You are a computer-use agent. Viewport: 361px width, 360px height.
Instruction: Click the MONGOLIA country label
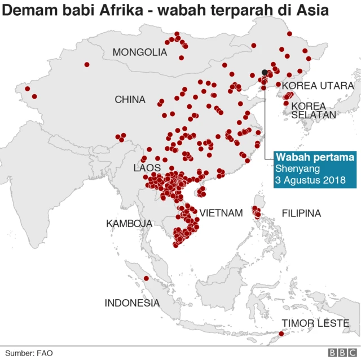(x=139, y=52)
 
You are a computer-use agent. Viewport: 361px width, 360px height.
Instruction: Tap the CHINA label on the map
(x=130, y=100)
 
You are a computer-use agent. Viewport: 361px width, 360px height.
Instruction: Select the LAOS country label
(x=147, y=168)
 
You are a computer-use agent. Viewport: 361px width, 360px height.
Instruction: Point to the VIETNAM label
(x=221, y=213)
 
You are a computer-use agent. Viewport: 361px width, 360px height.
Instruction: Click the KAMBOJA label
(x=129, y=224)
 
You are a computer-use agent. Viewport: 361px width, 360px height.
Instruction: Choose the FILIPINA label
(x=301, y=213)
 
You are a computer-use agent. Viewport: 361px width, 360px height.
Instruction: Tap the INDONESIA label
(x=132, y=303)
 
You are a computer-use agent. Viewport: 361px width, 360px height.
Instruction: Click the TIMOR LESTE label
(x=316, y=323)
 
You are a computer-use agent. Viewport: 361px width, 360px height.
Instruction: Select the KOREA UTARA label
(x=318, y=86)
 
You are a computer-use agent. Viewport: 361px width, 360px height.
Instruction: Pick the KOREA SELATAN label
(x=314, y=110)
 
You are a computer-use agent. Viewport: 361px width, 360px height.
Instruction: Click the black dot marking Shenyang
(x=265, y=72)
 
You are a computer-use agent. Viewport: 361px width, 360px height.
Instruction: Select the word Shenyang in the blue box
(x=298, y=168)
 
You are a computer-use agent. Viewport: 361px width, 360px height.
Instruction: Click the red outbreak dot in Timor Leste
(x=281, y=334)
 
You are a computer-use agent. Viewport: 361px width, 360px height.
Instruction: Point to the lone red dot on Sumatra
(x=146, y=278)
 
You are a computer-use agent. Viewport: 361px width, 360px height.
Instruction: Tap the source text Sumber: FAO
(x=29, y=353)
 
